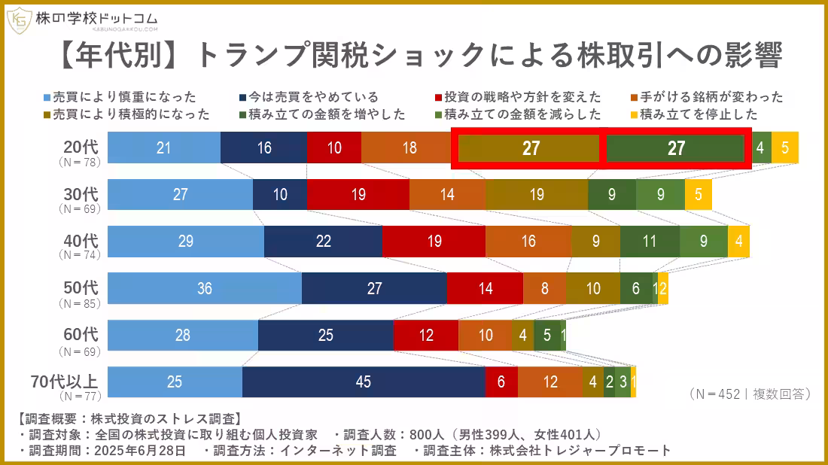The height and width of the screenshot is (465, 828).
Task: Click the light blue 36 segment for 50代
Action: [204, 288]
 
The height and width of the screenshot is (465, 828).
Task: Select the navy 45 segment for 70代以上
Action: [364, 382]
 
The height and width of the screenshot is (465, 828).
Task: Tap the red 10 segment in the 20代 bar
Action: [333, 147]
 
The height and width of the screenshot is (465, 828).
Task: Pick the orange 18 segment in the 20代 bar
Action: [409, 147]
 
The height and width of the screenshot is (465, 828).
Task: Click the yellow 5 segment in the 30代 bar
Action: [699, 194]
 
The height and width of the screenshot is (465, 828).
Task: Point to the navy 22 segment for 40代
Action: [323, 242]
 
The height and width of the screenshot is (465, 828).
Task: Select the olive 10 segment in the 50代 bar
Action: [593, 288]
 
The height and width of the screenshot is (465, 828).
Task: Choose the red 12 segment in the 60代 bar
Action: [426, 336]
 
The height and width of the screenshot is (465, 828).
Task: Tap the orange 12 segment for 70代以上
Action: [550, 382]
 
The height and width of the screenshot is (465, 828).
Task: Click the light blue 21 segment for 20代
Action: [164, 147]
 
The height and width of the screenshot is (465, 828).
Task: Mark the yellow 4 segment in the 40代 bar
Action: [738, 242]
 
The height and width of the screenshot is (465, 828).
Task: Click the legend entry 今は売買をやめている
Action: [309, 97]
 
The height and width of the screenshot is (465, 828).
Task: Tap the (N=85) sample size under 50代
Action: [80, 304]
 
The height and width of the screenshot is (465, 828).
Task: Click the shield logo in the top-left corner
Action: [18, 20]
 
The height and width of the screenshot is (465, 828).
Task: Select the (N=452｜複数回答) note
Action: [749, 394]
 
